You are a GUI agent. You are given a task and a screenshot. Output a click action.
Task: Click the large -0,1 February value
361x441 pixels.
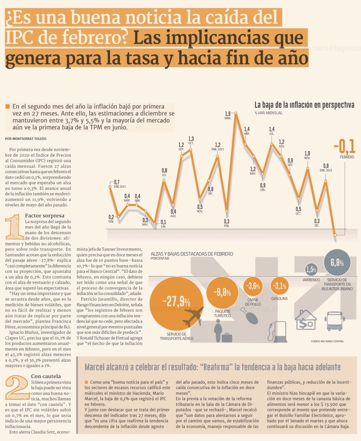344,147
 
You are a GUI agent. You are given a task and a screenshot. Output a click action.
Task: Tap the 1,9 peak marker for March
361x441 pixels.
236,113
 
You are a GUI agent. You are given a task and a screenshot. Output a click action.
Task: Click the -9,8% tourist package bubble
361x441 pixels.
222,293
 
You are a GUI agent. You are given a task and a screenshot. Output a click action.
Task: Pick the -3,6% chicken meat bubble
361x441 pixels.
253,286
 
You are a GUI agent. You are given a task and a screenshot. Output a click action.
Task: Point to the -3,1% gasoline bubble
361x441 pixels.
279,286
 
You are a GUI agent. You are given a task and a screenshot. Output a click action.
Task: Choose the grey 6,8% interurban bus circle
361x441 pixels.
337,263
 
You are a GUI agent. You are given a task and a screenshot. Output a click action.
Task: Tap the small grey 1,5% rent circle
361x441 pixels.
311,269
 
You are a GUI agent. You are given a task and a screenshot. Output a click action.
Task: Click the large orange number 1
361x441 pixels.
14,228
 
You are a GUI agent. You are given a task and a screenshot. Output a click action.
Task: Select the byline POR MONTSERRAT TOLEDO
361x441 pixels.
26,139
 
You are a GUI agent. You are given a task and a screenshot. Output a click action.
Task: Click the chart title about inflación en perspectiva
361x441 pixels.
304,105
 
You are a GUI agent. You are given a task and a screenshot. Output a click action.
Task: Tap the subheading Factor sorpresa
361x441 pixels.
45,216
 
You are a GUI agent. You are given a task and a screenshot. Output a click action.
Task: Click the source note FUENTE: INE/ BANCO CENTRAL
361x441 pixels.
327,341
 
